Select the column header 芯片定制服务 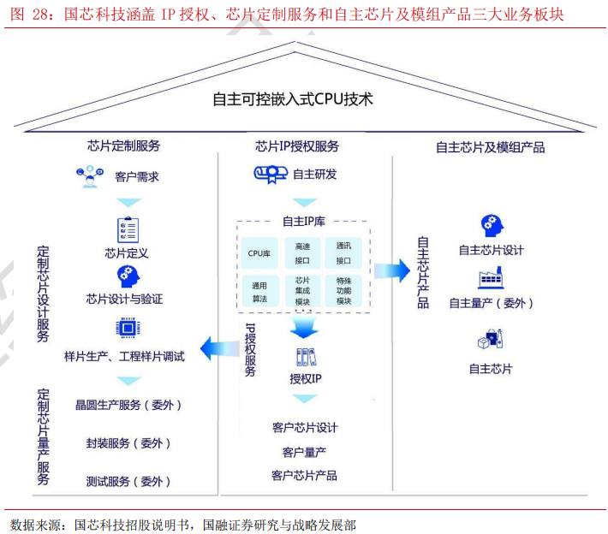[x=123, y=145]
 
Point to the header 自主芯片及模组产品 [x=490, y=146]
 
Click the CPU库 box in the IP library [x=259, y=253]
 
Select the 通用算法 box [x=259, y=292]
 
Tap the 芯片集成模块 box [x=302, y=292]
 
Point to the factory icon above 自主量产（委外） [x=489, y=279]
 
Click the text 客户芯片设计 [x=305, y=427]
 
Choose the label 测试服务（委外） [x=128, y=481]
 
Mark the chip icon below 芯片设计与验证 [x=125, y=329]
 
